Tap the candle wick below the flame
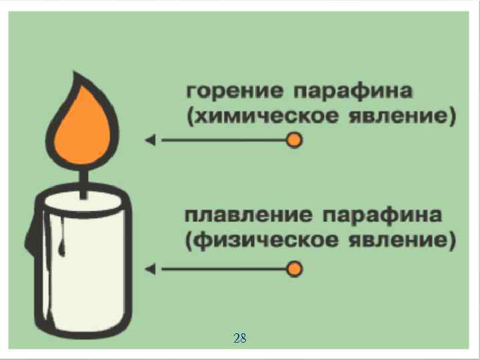tap(83, 183)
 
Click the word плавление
tap(247, 216)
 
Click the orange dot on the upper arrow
tap(294, 140)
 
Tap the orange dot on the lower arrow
tap(294, 269)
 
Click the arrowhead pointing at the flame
tap(151, 140)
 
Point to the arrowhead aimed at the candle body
tap(151, 269)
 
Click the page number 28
tap(240, 339)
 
